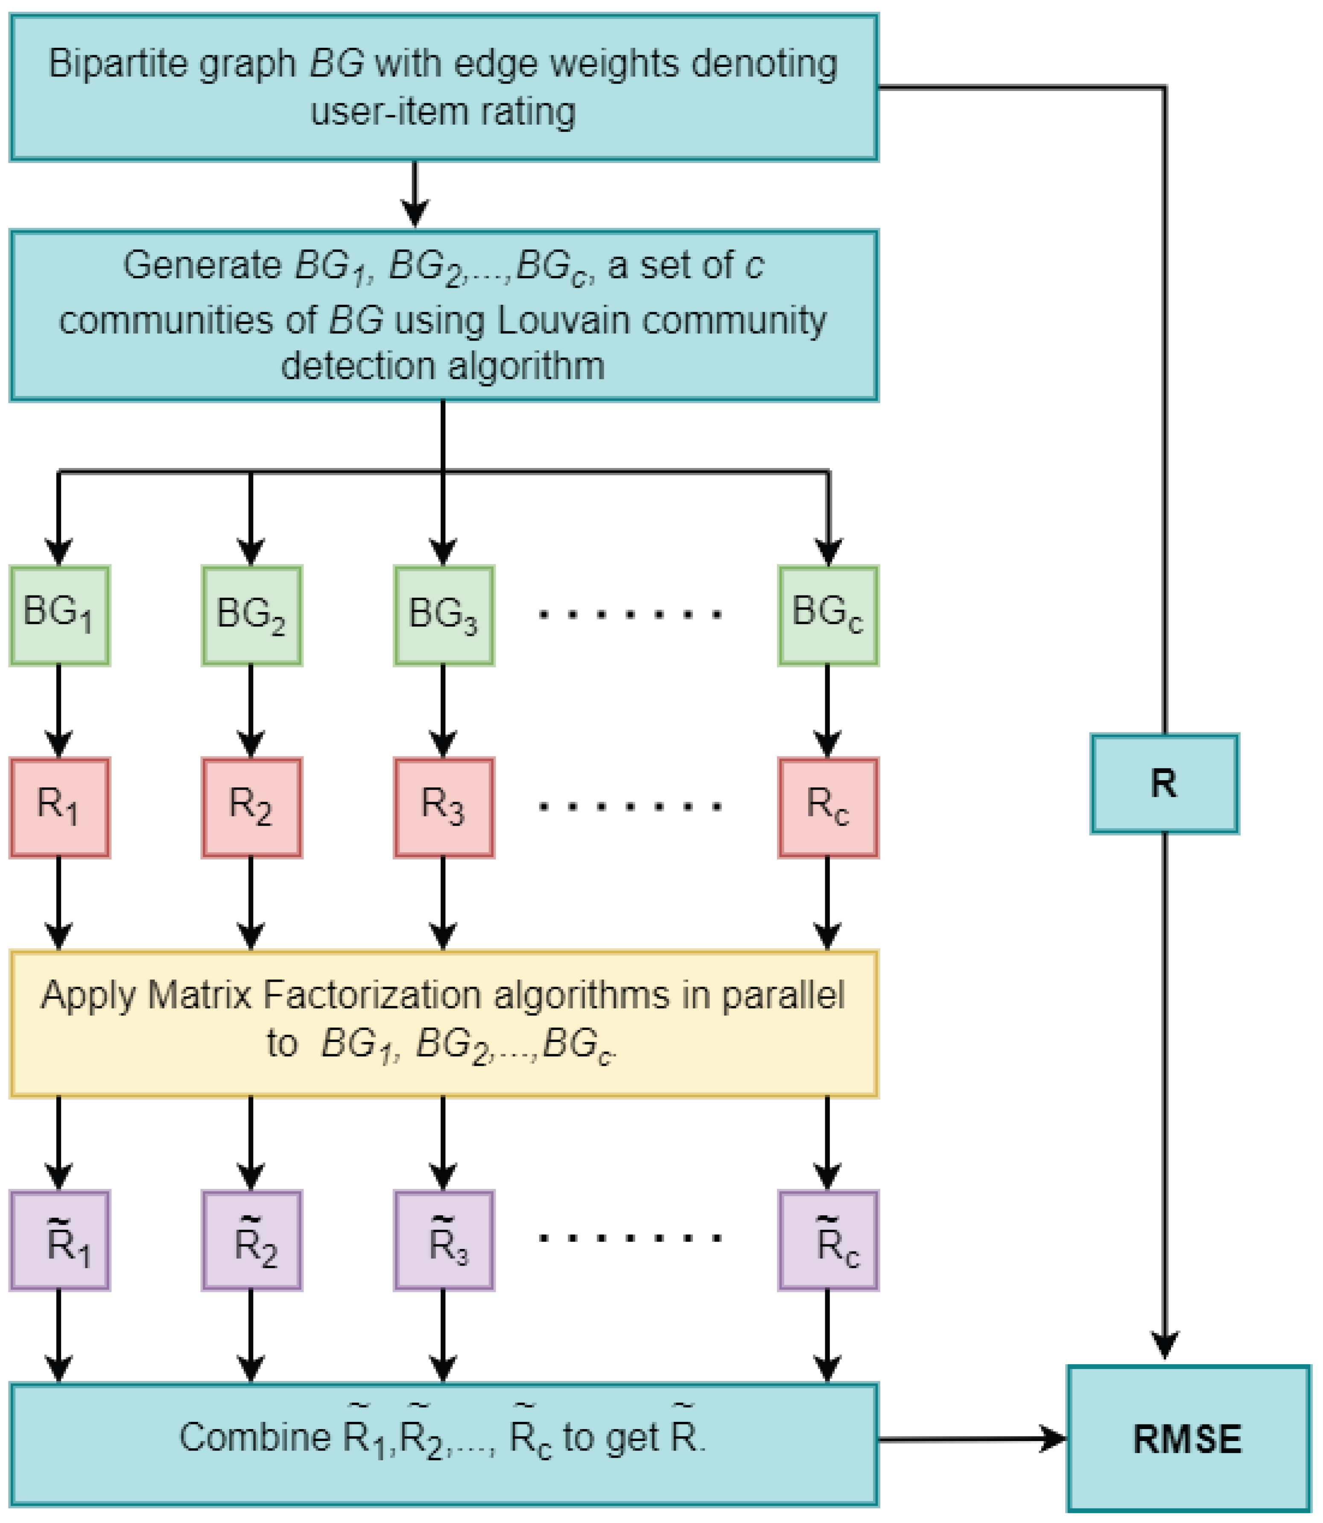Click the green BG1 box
coord(59,615)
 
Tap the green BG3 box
coord(443,615)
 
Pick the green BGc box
coord(828,615)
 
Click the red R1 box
coord(59,807)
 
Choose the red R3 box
coord(443,807)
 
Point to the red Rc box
coord(828,807)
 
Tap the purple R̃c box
coord(828,1240)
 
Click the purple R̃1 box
coord(59,1240)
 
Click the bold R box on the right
coord(1164,783)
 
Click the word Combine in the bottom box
coord(255,1437)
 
